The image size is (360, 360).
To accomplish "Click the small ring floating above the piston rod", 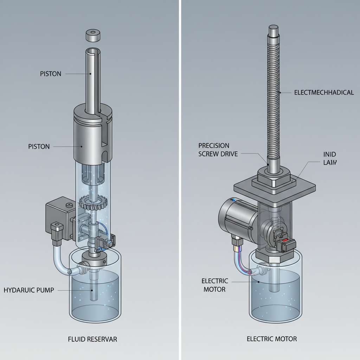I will coord(92,35).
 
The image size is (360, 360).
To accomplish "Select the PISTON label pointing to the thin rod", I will coord(51,74).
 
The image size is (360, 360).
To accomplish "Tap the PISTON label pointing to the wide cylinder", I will coord(39,147).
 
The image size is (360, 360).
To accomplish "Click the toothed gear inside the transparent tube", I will coord(93,202).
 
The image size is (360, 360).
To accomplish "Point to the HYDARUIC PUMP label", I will coord(29,290).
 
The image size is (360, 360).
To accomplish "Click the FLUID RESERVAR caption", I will coord(92,339).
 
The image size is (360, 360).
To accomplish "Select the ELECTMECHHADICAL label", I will coord(323,93).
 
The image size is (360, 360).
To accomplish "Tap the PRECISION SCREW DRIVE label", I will coord(218,149).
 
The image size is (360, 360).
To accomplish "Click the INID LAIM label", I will coord(330,158).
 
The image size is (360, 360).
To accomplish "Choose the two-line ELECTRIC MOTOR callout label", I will coord(215,285).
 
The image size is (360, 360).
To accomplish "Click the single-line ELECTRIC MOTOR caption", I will coord(272,339).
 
